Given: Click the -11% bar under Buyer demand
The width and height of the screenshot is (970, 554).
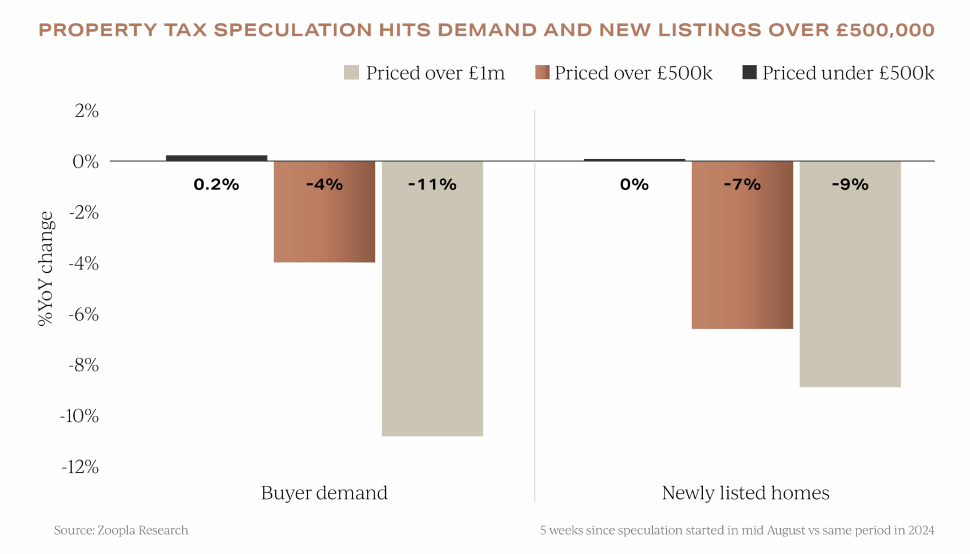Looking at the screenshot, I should pos(432,310).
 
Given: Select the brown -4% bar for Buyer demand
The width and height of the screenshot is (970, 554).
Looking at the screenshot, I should pos(324,224).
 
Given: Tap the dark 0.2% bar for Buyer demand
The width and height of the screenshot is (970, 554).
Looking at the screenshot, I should pos(217,158).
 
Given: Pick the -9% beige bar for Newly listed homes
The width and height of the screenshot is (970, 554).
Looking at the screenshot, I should pos(850,287).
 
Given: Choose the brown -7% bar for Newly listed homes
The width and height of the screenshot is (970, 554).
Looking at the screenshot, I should pos(742,258).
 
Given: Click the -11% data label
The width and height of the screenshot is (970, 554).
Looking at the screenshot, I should pos(432,185).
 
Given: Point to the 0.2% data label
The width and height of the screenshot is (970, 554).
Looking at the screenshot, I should pos(216,185).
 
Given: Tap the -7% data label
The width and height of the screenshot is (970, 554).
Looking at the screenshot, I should pos(742,185).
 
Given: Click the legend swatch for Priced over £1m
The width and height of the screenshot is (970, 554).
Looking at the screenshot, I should pos(351,72).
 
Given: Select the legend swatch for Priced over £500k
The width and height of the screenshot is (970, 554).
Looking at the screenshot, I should pos(542,72).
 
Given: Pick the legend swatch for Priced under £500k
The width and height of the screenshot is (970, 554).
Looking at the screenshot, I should pos(749,72).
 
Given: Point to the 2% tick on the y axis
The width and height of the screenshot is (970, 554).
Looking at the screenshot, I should pos(87,111).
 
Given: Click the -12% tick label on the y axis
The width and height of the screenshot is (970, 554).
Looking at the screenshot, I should pos(81,467).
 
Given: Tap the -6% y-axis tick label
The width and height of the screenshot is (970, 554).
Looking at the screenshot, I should pos(84,314).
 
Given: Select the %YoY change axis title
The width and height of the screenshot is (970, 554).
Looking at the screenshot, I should pos(45,268).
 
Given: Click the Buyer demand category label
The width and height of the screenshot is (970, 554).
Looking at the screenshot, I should pos(324,493).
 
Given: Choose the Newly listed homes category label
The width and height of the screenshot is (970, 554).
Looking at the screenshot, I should pos(745,493).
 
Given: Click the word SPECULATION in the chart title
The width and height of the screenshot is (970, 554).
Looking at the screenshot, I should pos(293,30).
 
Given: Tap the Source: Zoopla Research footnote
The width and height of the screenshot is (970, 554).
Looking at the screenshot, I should pos(121,530).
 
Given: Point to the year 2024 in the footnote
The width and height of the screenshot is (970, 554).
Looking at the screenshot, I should pos(921,530).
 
